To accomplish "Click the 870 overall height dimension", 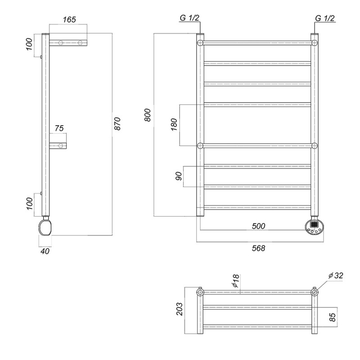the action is pyautogui.click(x=117, y=124).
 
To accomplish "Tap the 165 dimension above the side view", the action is pyautogui.click(x=69, y=19).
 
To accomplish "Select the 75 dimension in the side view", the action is pyautogui.click(x=59, y=128).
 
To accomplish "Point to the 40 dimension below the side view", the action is pyautogui.click(x=45, y=251).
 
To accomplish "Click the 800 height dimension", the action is pyautogui.click(x=148, y=115).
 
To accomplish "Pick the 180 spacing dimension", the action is pyautogui.click(x=174, y=125).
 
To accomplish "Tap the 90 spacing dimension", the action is pyautogui.click(x=179, y=176).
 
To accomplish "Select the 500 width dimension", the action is pyautogui.click(x=258, y=226).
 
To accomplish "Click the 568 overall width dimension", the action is pyautogui.click(x=258, y=248).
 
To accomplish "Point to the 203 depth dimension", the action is pyautogui.click(x=180, y=309).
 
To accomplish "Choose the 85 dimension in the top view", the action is pyautogui.click(x=333, y=317).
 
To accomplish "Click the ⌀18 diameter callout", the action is pyautogui.click(x=236, y=281).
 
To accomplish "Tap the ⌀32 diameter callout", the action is pyautogui.click(x=336, y=275).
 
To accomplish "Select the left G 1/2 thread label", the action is pyautogui.click(x=189, y=18).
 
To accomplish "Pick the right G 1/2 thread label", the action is pyautogui.click(x=325, y=18).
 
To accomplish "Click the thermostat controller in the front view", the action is pyautogui.click(x=314, y=227).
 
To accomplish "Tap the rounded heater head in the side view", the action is pyautogui.click(x=45, y=227).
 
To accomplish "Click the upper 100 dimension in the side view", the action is pyautogui.click(x=29, y=44).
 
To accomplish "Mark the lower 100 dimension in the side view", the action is pyautogui.click(x=29, y=203).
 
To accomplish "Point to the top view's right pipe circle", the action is pyautogui.click(x=315, y=292).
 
